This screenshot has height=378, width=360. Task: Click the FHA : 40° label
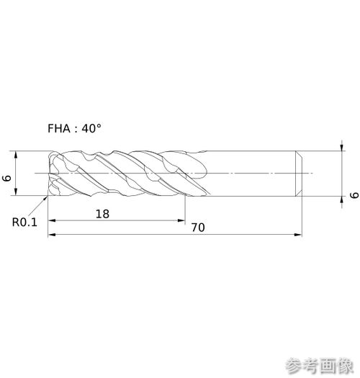(74, 128)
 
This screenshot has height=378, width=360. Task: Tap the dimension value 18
(102, 214)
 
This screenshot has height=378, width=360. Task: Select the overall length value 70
(198, 228)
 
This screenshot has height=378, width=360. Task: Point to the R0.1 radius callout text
(24, 222)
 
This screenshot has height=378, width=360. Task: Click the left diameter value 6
(6, 179)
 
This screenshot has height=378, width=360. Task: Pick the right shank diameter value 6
(354, 195)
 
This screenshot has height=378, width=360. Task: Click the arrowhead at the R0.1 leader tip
(45, 198)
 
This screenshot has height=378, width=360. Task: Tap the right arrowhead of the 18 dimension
(181, 220)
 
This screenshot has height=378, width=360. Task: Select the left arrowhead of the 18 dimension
(52, 220)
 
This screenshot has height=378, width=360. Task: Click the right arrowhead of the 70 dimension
(298, 235)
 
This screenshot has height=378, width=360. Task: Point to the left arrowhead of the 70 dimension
(52, 235)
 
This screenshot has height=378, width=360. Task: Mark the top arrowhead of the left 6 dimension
(16, 155)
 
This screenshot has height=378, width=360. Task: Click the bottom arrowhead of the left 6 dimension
(16, 192)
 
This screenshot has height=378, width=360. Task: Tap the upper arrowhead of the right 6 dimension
(342, 147)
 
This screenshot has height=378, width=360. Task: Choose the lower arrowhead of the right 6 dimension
(342, 200)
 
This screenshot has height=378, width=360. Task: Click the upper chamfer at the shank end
(299, 154)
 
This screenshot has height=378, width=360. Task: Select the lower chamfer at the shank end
(299, 193)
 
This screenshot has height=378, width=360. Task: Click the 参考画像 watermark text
(320, 366)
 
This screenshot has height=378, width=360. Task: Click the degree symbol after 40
(99, 126)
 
